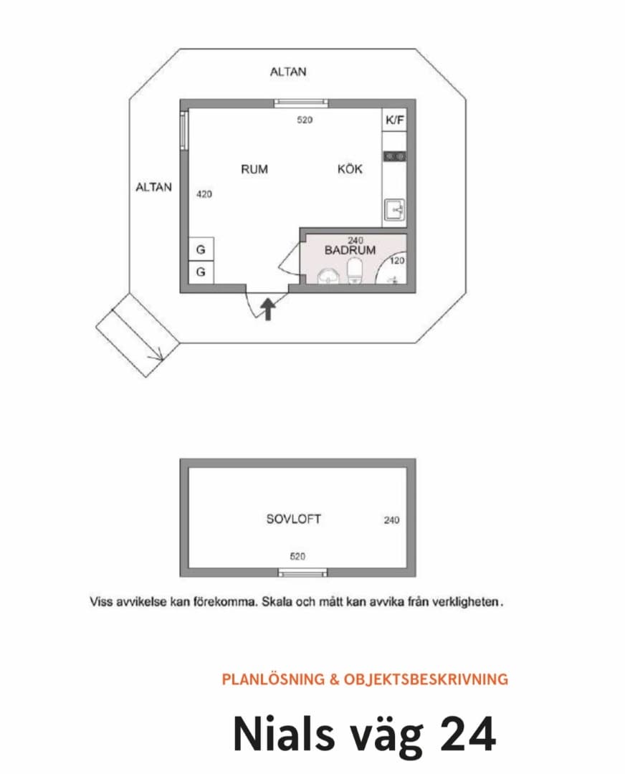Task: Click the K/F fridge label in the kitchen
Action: [394, 120]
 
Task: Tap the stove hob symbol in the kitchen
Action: [395, 156]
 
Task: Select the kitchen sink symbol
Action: [395, 210]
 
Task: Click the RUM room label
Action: [254, 169]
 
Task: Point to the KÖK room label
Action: [350, 169]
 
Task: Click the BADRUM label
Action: [350, 250]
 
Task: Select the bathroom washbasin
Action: [328, 277]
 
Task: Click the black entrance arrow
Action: [268, 310]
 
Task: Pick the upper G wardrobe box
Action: [201, 250]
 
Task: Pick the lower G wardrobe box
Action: [201, 272]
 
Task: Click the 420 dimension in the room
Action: [204, 194]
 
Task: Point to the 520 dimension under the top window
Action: [305, 120]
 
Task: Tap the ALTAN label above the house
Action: [288, 72]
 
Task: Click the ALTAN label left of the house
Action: [154, 188]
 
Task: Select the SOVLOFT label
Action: [294, 520]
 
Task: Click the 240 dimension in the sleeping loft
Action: [391, 520]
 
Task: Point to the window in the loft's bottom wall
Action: [302, 573]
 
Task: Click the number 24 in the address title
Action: [468, 734]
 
